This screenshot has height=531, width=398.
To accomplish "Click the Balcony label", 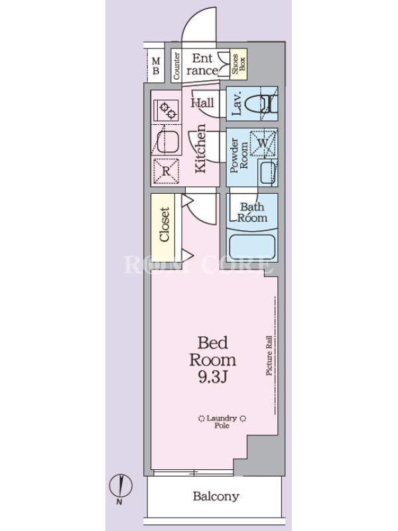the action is point(216,496).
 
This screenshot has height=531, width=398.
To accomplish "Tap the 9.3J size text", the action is point(212,376).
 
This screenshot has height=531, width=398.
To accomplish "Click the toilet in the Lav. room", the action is point(261,104).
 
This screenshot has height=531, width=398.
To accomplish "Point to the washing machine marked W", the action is point(263,143).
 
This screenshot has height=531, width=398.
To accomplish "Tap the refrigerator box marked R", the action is point(165,171).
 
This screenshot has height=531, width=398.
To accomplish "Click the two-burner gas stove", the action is point(166,111).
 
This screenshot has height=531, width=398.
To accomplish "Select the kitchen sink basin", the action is point(168,142).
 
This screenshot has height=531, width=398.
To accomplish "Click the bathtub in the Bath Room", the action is point(252,246).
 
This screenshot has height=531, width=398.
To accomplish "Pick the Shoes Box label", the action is point(239,64).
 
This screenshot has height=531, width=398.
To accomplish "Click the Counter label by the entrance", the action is point(176,66).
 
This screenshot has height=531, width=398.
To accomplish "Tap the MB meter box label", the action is point(156,66).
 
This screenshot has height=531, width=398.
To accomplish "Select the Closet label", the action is point(164,224).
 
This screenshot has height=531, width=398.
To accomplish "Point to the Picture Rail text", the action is point(269,355).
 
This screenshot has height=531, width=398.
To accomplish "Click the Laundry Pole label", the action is point(222,422).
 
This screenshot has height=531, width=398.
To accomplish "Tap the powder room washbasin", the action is point(268,173).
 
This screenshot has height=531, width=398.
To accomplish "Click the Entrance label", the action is point(202,64).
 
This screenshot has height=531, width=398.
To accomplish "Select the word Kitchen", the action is point(200,148).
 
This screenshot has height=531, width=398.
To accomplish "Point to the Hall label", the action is point(202,103).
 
